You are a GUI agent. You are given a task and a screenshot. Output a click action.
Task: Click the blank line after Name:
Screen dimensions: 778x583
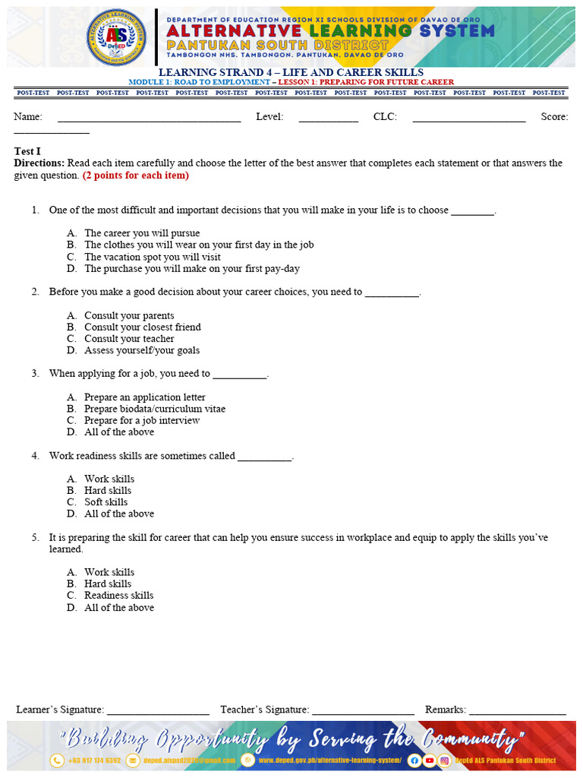[149, 119]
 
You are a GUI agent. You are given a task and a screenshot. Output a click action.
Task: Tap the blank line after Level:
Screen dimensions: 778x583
[328, 119]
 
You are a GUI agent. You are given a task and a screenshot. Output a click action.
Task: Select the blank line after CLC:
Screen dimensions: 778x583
[468, 119]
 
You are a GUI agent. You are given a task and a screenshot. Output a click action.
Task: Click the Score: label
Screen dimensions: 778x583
[554, 117]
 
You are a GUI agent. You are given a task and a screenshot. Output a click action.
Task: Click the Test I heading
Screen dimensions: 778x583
[27, 151]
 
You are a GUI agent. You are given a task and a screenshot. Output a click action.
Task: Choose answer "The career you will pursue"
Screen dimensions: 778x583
[142, 233]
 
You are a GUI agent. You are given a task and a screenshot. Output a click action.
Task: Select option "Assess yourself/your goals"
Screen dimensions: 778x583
[142, 350]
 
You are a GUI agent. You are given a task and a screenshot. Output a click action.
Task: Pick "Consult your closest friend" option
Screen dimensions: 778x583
[143, 327]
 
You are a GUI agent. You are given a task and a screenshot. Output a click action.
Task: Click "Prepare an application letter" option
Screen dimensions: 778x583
[144, 397]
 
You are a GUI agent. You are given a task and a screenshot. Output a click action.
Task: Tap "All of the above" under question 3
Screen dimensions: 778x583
[119, 432]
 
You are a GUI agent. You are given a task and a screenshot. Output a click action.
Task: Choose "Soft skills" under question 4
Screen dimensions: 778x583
[106, 502]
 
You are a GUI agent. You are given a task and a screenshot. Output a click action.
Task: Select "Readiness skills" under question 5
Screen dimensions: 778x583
[118, 596]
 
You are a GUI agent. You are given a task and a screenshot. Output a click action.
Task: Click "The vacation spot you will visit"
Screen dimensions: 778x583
[153, 257]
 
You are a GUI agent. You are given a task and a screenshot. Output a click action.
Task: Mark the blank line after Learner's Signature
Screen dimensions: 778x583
[158, 711]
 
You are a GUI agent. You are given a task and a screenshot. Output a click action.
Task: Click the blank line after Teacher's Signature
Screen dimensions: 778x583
[363, 711]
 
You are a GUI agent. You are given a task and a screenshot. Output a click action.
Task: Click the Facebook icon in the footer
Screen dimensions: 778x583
[414, 761]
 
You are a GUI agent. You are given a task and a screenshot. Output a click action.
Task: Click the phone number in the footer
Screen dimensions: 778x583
[94, 761]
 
